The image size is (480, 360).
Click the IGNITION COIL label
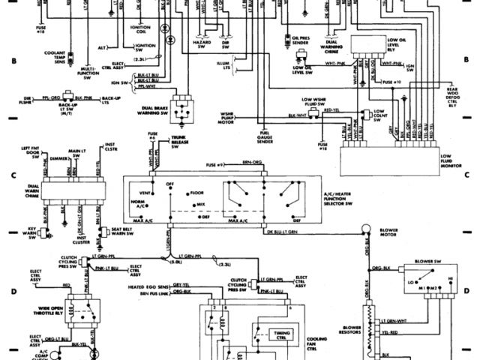pyautogui.click(x=136, y=29)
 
